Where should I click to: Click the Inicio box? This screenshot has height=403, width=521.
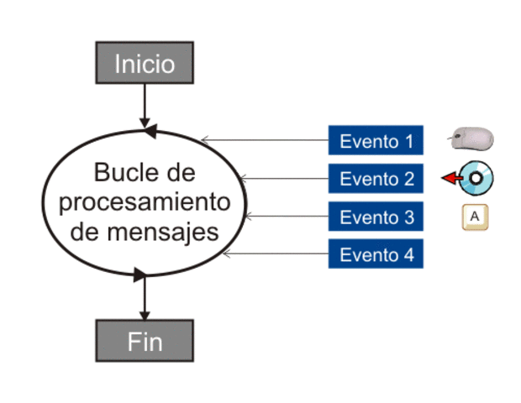[145, 63]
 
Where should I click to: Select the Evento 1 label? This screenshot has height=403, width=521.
[376, 141]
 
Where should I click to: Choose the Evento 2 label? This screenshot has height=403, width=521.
[376, 179]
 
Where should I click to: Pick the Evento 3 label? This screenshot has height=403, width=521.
[376, 217]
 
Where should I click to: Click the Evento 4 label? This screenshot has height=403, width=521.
[376, 255]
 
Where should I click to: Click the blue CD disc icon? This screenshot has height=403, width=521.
[477, 178]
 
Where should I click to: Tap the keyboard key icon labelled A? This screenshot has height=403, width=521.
[474, 217]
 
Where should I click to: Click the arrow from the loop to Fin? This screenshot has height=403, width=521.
[145, 298]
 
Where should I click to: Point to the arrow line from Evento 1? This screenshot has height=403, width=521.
[265, 140]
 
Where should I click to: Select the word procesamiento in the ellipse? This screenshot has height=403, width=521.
[145, 201]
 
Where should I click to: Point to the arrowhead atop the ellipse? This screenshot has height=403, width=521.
[150, 132]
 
